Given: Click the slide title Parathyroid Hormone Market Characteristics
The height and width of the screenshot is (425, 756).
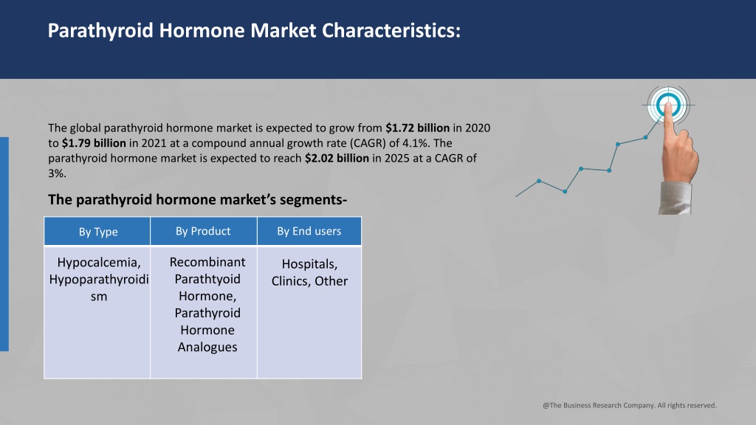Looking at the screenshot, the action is tap(254, 30).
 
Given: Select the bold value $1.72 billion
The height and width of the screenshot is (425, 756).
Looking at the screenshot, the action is tap(418, 128).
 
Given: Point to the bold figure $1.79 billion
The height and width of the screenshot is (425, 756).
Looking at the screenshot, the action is tap(94, 143).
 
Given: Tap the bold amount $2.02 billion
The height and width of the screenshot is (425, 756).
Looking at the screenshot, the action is tap(337, 158).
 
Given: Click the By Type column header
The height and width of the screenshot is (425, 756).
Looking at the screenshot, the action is tap(98, 232).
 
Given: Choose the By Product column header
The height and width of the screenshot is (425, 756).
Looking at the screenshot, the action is tap(203, 231).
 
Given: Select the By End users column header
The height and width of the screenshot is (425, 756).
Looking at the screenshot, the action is tap(309, 231).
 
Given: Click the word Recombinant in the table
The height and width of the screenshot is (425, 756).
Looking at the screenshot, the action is tap(207, 262).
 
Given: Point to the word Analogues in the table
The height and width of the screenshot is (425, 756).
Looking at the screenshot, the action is tap(207, 348).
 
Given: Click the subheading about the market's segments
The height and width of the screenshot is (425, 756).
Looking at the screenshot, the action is tap(198, 199).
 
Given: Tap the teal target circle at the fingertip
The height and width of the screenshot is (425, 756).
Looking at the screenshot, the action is tap(668, 105).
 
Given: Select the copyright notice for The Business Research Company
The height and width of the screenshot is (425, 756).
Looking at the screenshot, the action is tap(630, 405).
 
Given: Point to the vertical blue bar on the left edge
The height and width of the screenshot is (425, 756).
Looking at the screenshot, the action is tap(4, 244).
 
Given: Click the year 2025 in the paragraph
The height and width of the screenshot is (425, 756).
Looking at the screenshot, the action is tap(397, 158).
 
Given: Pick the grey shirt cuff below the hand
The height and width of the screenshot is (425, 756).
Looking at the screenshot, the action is tap(675, 198).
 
